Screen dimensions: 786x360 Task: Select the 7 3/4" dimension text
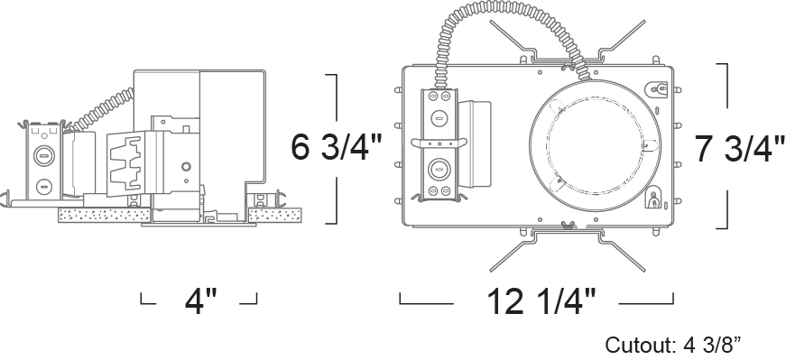(740, 149)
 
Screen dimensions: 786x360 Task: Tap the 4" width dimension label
(201, 301)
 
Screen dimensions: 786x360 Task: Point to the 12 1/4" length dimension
(541, 301)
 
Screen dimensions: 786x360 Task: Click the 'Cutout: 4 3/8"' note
(672, 345)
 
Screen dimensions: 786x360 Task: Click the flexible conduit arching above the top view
(506, 30)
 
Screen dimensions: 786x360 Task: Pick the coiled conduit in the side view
(100, 110)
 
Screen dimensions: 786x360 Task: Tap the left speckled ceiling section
(105, 215)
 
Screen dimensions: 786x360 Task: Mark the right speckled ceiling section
(275, 215)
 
